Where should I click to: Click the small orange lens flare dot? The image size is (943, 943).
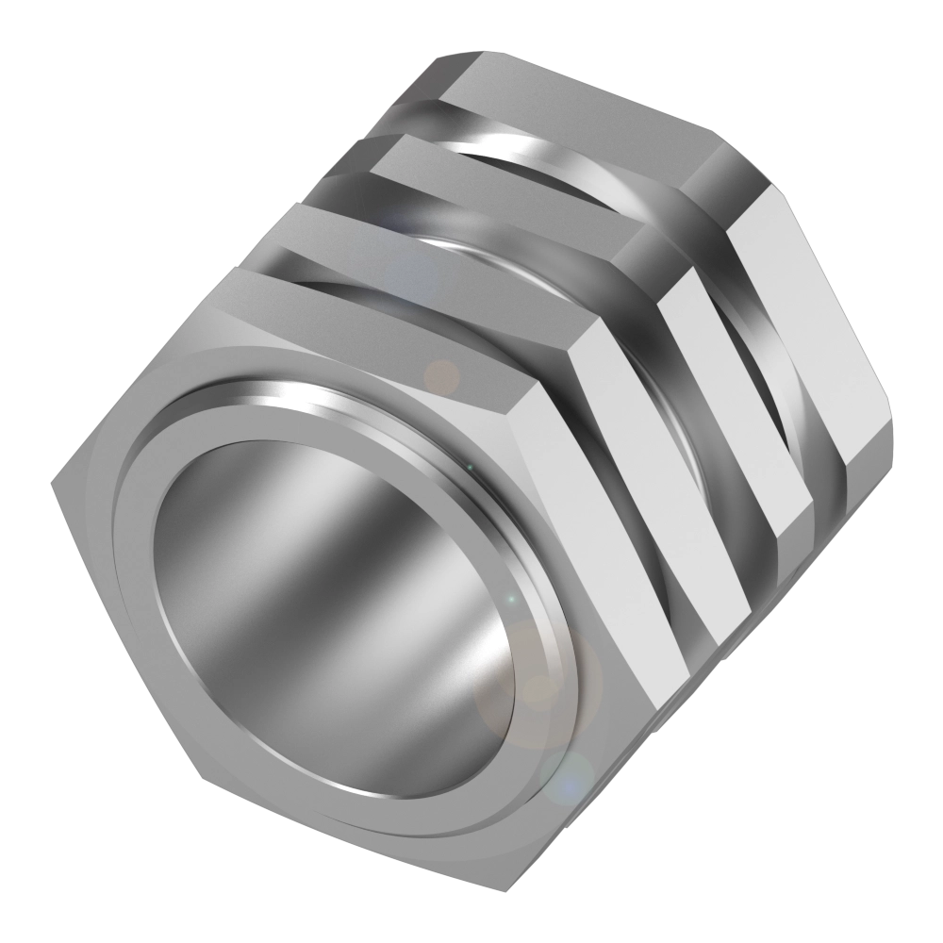[x=440, y=377]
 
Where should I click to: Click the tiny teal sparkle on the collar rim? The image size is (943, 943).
[x=509, y=600]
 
